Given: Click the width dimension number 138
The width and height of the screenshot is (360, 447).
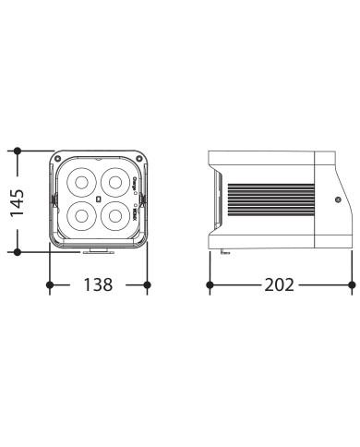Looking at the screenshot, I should point(99,285).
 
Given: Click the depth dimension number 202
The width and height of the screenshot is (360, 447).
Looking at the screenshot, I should point(279,285).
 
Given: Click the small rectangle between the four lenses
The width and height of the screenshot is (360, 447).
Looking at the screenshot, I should point(99,199).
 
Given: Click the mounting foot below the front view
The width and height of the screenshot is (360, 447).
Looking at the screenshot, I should point(99,251).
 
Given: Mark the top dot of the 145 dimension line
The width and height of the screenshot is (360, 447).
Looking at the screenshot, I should point(18,150).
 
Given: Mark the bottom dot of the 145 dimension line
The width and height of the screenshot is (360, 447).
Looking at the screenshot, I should point(18,250).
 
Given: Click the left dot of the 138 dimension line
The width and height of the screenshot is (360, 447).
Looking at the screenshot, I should point(50,285).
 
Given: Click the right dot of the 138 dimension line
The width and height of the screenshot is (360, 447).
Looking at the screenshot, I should point(149,285).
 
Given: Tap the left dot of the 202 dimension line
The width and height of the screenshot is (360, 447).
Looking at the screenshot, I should point(210,285).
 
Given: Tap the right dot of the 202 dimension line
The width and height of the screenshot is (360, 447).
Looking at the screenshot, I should point(351,285).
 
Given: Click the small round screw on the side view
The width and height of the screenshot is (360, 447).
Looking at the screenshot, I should point(339,199).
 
